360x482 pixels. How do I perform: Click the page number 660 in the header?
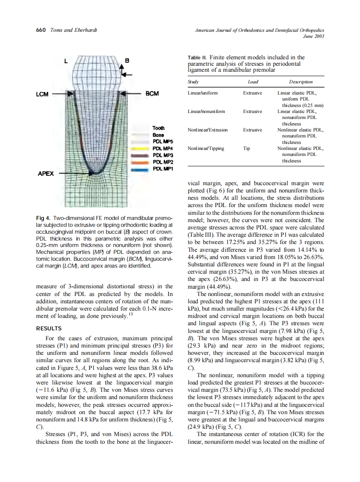(x=41, y=30)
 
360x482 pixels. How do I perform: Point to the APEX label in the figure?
(x=46, y=174)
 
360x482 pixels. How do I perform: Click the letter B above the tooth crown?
(x=126, y=61)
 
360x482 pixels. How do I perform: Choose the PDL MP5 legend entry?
(x=162, y=141)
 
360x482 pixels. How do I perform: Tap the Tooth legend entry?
(x=159, y=128)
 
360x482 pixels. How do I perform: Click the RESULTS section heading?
(x=49, y=328)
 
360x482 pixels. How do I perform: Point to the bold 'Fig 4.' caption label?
(x=43, y=218)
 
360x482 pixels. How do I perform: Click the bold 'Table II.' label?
(x=198, y=58)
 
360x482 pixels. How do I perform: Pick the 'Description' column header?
(x=301, y=82)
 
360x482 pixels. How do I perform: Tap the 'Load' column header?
(x=253, y=82)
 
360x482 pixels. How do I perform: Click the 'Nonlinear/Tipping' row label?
(x=206, y=149)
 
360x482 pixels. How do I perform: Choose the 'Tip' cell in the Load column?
(x=247, y=149)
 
